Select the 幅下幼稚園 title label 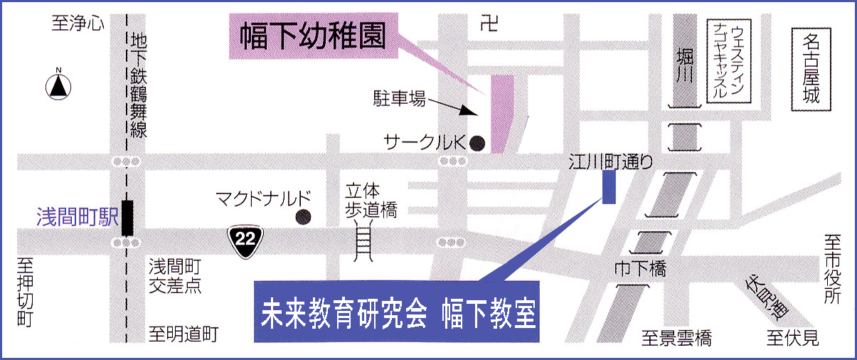(312, 38)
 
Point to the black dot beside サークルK (478, 142)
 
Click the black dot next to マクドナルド (304, 216)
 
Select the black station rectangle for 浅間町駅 (128, 218)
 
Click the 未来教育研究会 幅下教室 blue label (397, 312)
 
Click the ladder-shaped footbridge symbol (363, 241)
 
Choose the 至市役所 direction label (833, 270)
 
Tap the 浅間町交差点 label (176, 276)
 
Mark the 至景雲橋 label (676, 338)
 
